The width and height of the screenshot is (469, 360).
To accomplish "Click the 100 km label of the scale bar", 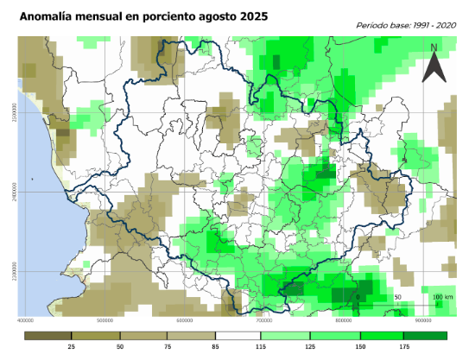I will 440,297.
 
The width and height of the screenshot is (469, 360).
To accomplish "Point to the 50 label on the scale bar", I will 397,297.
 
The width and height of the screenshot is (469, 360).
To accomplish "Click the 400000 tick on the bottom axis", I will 32,320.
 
